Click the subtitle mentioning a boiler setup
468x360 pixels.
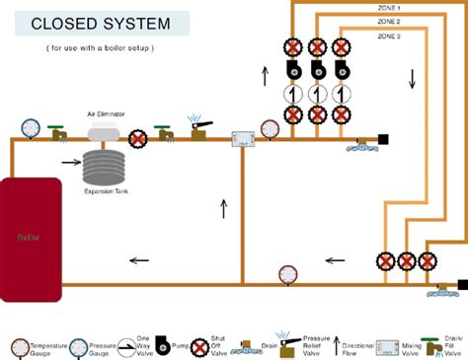[100, 47]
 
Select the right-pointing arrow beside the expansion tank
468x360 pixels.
[71, 161]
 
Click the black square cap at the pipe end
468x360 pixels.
[383, 139]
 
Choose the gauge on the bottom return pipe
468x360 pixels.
[288, 273]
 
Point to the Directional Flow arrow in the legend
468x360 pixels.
[336, 345]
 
